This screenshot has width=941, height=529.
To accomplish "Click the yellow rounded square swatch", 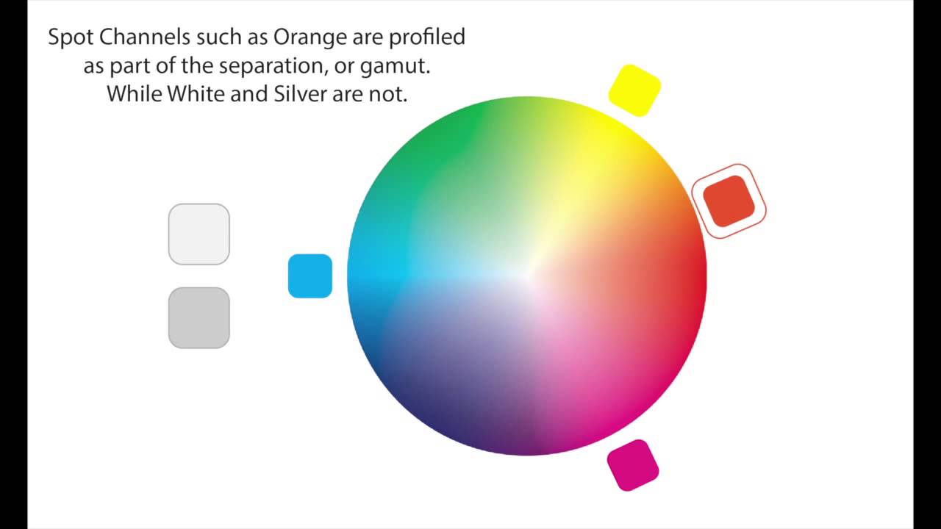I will (x=634, y=90).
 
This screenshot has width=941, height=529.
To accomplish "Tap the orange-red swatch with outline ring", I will (x=729, y=201).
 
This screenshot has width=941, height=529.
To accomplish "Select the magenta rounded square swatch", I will (x=632, y=465).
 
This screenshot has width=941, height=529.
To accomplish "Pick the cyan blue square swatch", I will (x=310, y=276).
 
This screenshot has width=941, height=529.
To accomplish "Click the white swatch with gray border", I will (x=198, y=234).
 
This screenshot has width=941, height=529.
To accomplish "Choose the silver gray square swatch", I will (x=198, y=317).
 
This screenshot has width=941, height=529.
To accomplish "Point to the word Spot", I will (x=70, y=37).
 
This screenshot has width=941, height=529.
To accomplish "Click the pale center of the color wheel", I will (x=526, y=276).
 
